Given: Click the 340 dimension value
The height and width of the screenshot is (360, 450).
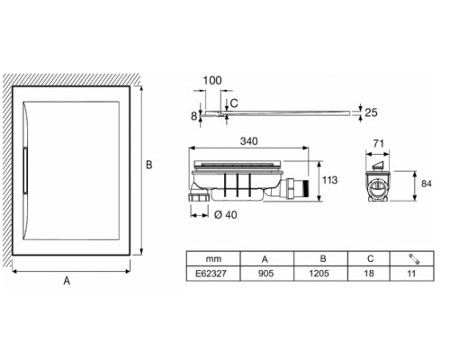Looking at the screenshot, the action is (x=248, y=141).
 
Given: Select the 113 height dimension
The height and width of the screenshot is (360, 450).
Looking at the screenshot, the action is (x=329, y=180).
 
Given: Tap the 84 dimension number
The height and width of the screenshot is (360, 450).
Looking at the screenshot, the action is (x=427, y=184).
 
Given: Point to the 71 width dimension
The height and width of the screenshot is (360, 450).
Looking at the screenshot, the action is (x=379, y=144).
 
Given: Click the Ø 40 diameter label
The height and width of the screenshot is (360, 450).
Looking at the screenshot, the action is (x=226, y=215).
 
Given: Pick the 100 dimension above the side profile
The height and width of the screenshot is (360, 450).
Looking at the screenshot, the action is (x=212, y=80).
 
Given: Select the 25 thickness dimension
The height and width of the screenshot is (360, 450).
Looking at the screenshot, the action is (x=371, y=112).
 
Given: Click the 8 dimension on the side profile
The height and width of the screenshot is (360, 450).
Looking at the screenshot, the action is (x=194, y=116).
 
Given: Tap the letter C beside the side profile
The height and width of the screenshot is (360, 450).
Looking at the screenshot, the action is (x=234, y=103).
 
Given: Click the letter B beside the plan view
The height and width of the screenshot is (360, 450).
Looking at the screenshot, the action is (x=149, y=165).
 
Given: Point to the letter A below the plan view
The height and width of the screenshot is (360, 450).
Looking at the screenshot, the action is (x=67, y=281).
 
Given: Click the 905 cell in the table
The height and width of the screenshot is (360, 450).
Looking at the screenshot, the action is (x=265, y=274).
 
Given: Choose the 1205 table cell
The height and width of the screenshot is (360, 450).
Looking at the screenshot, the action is (x=319, y=274).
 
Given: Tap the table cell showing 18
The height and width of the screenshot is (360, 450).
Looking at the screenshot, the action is (x=369, y=274).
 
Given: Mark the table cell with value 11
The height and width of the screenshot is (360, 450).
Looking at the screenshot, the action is (x=411, y=274).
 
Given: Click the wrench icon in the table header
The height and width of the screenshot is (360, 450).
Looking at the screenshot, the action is (x=414, y=259).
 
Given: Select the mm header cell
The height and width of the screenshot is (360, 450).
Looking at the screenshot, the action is (x=213, y=258).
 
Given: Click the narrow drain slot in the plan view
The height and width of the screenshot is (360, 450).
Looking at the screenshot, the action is (x=25, y=170).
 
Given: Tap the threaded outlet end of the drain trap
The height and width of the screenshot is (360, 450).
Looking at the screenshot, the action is (x=305, y=188).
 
